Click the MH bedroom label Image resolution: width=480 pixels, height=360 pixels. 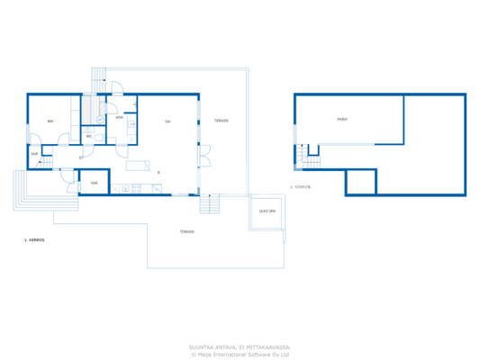pos(50,121)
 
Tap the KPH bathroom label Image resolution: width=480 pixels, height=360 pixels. pos(119,117)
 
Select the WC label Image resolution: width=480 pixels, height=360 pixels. pos(89,136)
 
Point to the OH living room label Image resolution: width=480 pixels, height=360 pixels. pos(168,121)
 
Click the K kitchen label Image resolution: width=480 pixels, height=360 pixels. pos(158,171)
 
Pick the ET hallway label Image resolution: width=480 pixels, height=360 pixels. pos(81,157)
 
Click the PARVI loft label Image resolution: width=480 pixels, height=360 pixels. pos(343,119)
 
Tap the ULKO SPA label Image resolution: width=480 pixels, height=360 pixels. pos(267,211)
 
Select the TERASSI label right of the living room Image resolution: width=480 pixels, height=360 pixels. pos(221,121)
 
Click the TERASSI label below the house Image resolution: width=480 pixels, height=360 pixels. pos(186,231)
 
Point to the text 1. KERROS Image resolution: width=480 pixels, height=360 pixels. pos(34,241)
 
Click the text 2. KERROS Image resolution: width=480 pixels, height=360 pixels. pos(301,187)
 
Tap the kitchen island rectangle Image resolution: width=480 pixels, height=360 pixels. pos(139,165)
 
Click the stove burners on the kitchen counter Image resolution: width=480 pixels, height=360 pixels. pos(125,189)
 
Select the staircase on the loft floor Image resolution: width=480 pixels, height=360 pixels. pos(312,159)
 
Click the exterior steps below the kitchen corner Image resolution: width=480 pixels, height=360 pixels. pos(210,204)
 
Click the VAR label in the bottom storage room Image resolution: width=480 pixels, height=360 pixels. pos(94,183)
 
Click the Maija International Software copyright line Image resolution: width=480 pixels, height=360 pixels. pos(240,354)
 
